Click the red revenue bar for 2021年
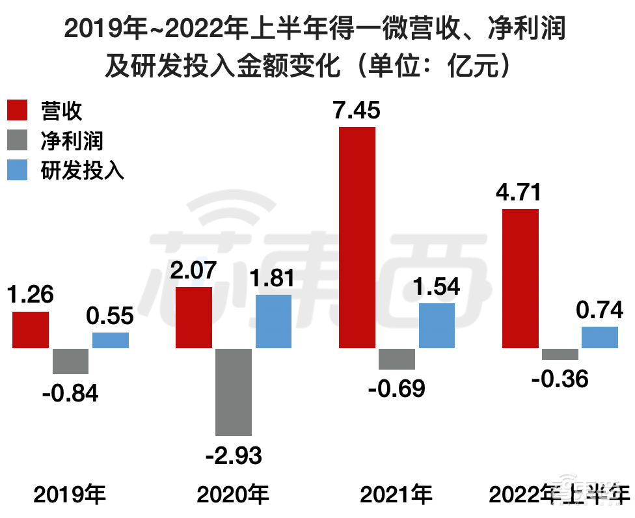pos(357,238)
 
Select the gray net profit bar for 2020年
pos(234,392)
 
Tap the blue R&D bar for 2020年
pos(273,321)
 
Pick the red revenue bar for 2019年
pos(31,330)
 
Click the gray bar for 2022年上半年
pos(560,354)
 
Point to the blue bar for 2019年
pos(111,340)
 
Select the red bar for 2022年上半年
pos(520,279)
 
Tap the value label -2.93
pos(234,456)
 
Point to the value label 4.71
pos(519,193)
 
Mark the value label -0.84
pos(70,393)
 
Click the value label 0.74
pos(599,311)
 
